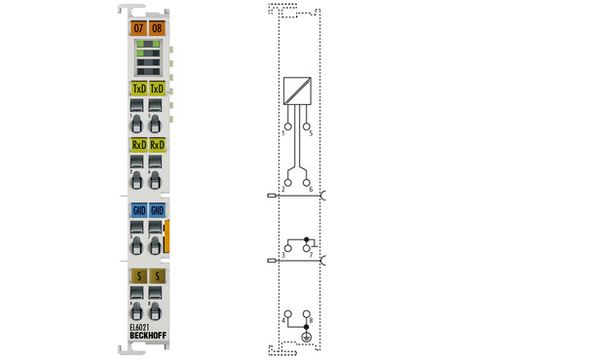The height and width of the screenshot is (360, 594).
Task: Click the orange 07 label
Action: click(138, 28)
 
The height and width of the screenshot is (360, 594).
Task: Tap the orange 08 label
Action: click(158, 28)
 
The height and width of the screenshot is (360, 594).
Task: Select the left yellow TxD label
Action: click(138, 90)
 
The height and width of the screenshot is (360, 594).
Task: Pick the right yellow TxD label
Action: click(157, 90)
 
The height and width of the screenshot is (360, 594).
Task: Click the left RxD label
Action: click(138, 146)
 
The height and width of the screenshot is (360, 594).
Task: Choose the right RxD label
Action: click(157, 146)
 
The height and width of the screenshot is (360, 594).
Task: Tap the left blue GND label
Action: click(138, 210)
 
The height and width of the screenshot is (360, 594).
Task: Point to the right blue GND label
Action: click(157, 210)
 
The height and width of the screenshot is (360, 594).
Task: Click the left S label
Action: click(138, 277)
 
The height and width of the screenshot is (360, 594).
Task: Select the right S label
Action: click(157, 277)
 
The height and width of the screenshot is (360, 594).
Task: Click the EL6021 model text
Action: click(140, 328)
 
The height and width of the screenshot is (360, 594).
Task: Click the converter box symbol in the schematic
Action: click(298, 91)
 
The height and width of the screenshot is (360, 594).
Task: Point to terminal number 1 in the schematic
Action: click(283, 132)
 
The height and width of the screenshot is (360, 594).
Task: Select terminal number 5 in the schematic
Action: click(311, 132)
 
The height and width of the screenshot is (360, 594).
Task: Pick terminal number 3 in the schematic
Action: click(283, 255)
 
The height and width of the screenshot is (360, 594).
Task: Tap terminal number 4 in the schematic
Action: click(283, 319)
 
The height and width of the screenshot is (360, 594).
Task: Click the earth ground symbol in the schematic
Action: click(307, 337)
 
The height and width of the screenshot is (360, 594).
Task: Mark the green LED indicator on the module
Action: click(142, 47)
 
